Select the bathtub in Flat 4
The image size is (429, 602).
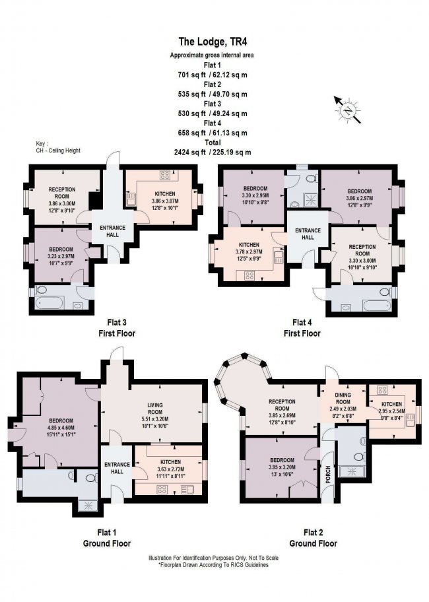click(x=374, y=303)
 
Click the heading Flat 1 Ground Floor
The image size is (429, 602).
click(x=111, y=538)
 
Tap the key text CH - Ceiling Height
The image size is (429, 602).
click(x=59, y=150)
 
